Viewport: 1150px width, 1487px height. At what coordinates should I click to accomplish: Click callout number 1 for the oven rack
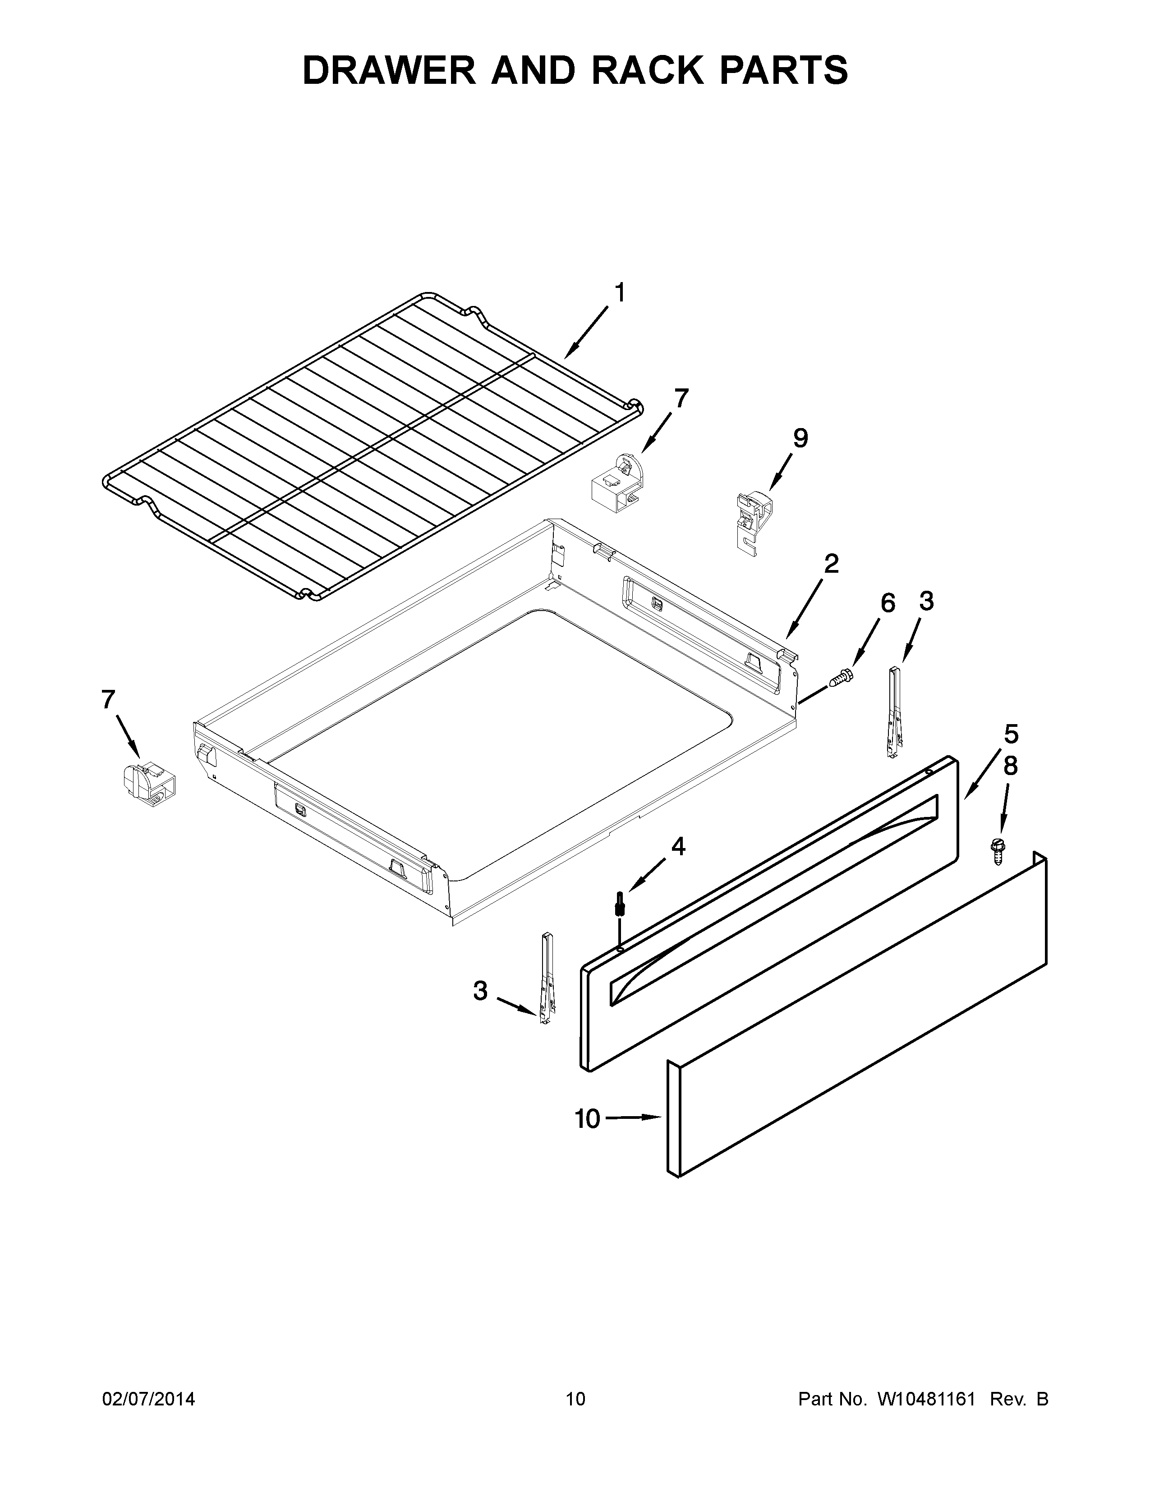(619, 293)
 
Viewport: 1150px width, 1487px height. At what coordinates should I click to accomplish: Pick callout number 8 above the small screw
(1010, 766)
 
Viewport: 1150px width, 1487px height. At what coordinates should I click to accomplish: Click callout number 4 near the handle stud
(678, 846)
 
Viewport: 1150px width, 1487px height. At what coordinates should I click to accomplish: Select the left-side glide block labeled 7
(148, 785)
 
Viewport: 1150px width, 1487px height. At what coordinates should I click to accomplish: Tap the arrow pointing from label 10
(634, 1118)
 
